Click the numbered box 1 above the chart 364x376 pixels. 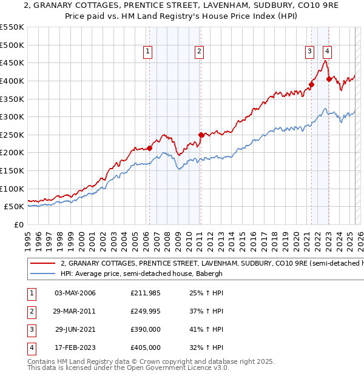point(149,52)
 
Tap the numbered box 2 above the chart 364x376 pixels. point(199,52)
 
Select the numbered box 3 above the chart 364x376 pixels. point(309,52)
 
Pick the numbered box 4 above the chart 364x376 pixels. point(327,52)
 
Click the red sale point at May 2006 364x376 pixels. point(149,148)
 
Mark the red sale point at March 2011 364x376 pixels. point(201,135)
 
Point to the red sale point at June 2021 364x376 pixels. point(311,84)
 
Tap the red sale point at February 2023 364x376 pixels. point(329,79)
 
